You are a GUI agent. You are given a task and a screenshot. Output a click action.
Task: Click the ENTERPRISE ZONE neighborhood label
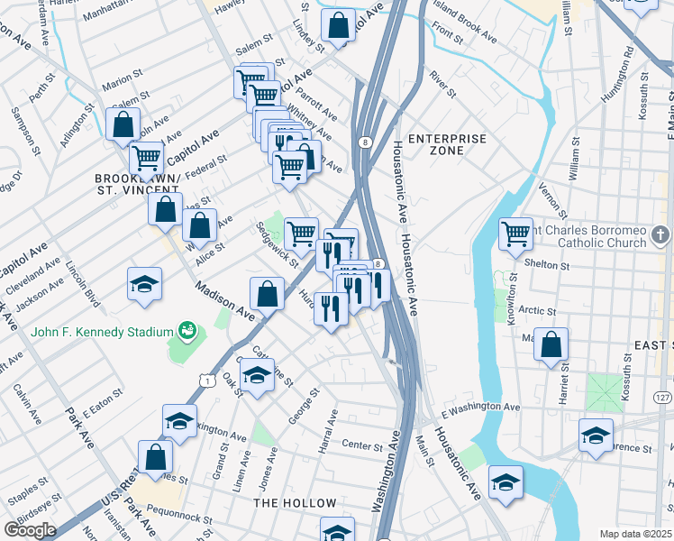(x=447, y=144)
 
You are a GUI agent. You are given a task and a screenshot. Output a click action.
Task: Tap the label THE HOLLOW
(x=287, y=501)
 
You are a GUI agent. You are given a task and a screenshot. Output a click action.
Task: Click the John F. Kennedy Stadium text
(x=101, y=331)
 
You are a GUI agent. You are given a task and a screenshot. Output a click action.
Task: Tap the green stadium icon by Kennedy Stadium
(x=187, y=331)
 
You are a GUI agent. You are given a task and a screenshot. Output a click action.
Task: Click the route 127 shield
(x=662, y=398)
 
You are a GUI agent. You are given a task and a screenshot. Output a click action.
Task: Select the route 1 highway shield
(x=206, y=381)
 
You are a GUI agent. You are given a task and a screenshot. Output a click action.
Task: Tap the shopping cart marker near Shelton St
(x=515, y=234)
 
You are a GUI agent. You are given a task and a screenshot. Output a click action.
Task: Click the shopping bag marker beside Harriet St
(x=551, y=344)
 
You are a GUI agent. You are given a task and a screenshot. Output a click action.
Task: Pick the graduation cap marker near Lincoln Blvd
(x=144, y=285)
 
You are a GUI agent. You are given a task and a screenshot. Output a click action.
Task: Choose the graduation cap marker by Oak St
(x=258, y=375)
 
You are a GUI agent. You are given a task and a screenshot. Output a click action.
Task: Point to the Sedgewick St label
(x=277, y=244)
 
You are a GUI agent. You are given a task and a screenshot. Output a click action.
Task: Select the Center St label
(x=363, y=445)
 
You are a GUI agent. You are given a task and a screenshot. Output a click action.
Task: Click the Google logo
(x=30, y=529)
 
